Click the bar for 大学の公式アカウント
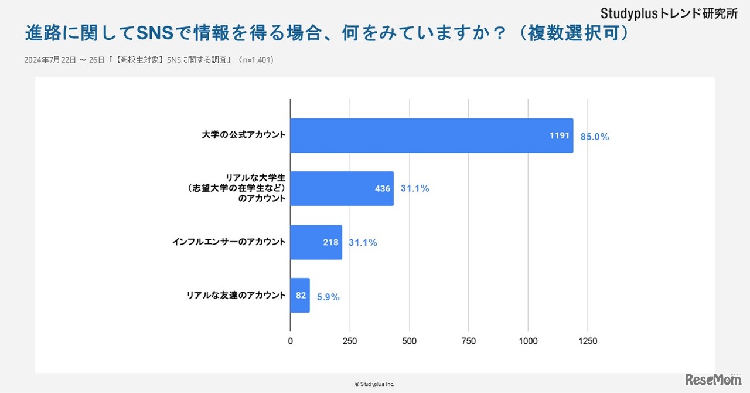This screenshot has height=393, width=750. (x=431, y=135)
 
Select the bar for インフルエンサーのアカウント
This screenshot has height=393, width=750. (x=316, y=242)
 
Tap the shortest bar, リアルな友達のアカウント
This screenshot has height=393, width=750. (x=300, y=295)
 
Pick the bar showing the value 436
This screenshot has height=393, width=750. (x=342, y=188)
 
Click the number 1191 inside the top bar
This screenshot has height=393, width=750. (x=560, y=136)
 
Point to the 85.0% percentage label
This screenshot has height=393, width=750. (x=595, y=137)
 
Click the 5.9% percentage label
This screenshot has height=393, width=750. (x=328, y=297)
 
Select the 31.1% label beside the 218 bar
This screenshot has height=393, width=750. (x=363, y=242)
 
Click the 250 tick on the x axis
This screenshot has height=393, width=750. (x=350, y=341)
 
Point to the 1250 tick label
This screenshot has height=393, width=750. (x=588, y=341)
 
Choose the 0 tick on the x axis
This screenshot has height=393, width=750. (x=291, y=341)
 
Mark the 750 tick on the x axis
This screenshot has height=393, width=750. (x=469, y=341)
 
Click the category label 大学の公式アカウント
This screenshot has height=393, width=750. (x=243, y=135)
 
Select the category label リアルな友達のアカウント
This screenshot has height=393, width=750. (x=236, y=294)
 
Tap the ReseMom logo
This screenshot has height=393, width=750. (x=713, y=380)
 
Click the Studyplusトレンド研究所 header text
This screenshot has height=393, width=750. (x=669, y=13)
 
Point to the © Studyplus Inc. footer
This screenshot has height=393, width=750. (x=374, y=384)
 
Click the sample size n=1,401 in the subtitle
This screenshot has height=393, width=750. (x=255, y=60)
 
